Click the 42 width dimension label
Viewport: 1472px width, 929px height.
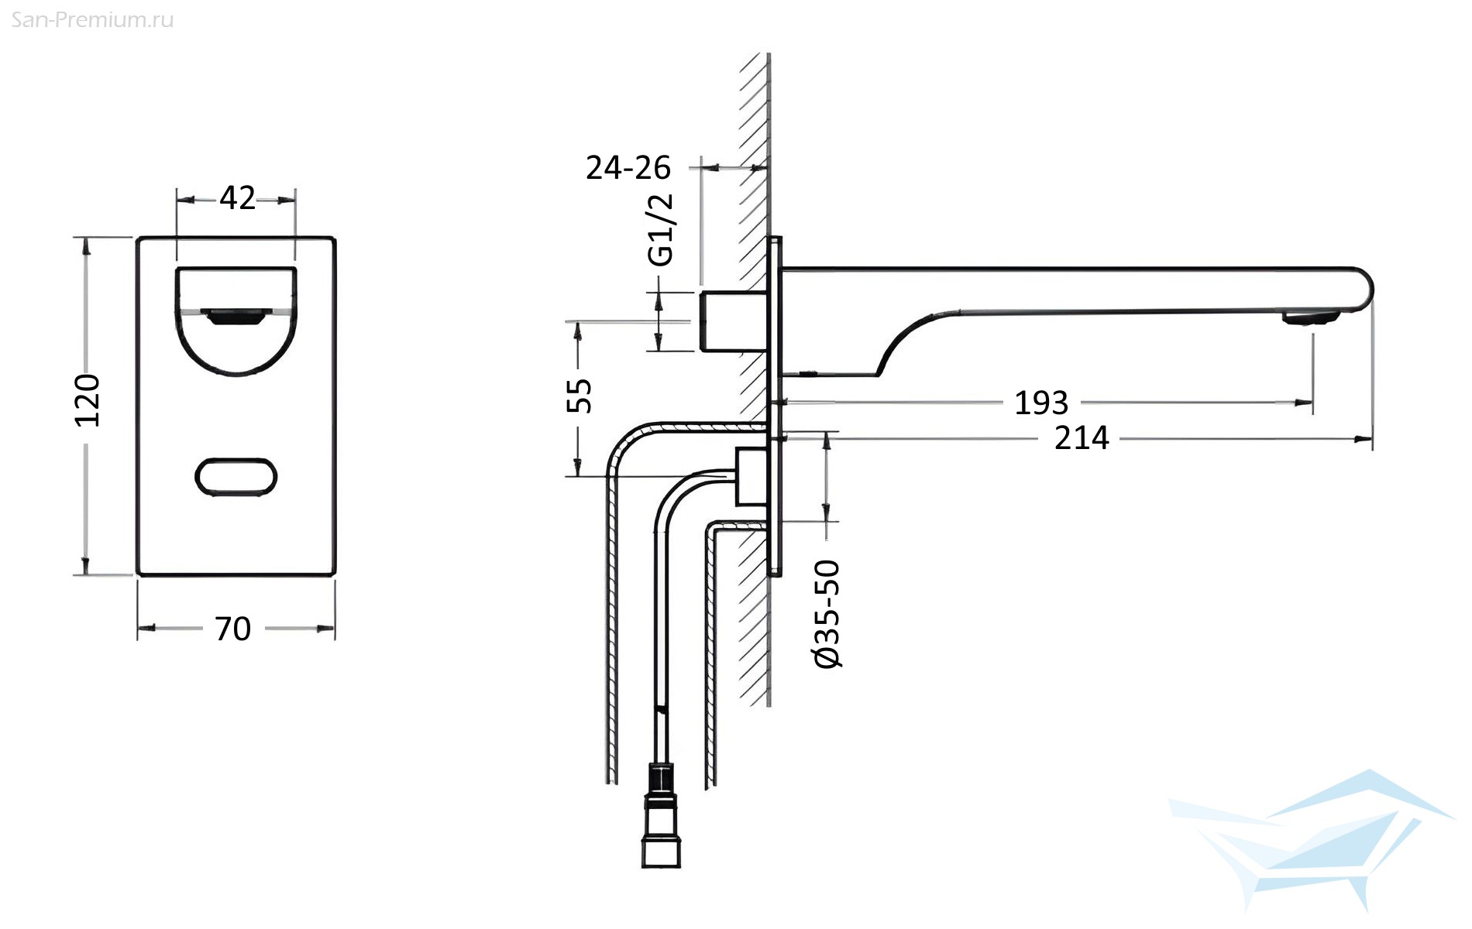[x=237, y=198]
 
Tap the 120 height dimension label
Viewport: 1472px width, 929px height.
[x=88, y=400]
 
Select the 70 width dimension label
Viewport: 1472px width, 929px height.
[x=232, y=629]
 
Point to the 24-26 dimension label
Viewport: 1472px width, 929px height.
[x=628, y=167]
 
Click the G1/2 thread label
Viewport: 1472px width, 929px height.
[x=661, y=231]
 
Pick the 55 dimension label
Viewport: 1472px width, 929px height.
[x=580, y=396]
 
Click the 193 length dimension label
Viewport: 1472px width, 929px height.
[x=1041, y=403]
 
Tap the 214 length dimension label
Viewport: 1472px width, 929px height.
[x=1082, y=438]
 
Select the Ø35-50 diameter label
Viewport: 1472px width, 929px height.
[x=827, y=614]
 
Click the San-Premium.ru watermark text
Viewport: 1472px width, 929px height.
[x=93, y=20]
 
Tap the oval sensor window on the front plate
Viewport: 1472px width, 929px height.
[x=236, y=477]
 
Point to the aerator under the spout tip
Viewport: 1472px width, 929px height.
[x=1311, y=317]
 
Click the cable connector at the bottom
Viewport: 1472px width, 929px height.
[x=661, y=815]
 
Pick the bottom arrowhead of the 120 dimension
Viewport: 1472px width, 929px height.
[x=87, y=565]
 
